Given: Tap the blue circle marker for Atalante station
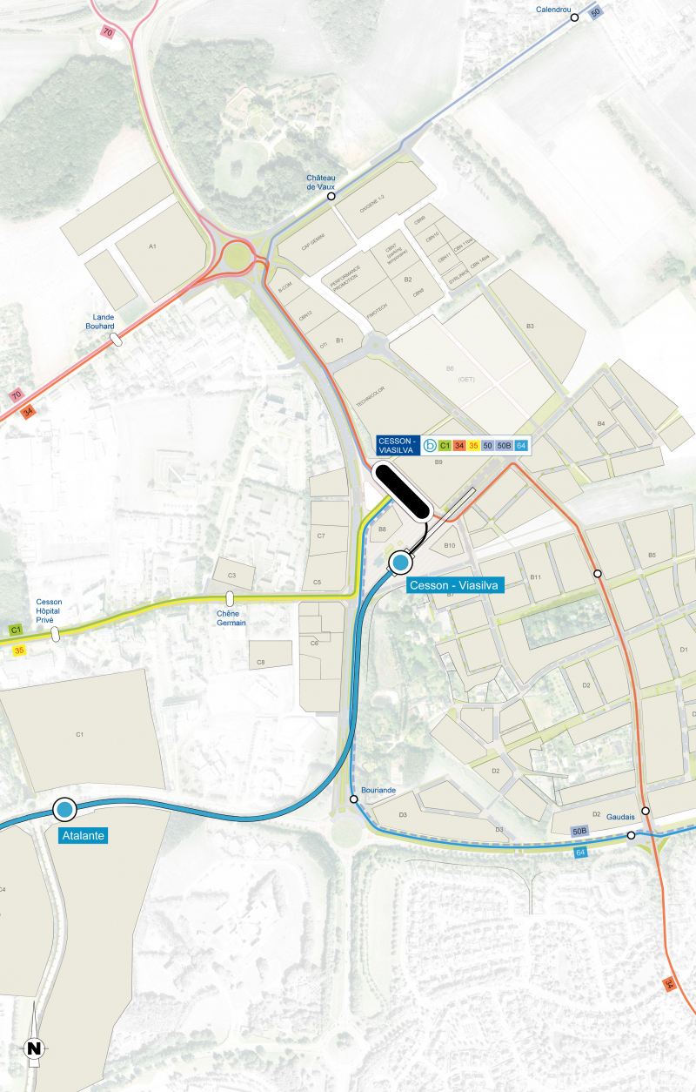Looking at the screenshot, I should click(64, 810).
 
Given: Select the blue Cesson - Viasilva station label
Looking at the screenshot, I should click(455, 586).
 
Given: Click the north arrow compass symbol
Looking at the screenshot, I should click(34, 1048).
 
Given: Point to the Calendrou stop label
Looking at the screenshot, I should click(554, 9).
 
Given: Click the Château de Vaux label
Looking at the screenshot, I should click(320, 182).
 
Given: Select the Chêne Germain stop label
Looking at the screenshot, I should click(231, 618).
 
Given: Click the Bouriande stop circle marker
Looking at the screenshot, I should click(353, 799).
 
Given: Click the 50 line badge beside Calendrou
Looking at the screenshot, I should click(595, 12).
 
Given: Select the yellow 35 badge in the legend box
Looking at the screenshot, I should click(474, 446).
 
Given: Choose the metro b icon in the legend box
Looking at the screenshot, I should click(429, 446).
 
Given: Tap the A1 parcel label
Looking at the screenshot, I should click(152, 246).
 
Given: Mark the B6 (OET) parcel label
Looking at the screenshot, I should click(450, 373).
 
